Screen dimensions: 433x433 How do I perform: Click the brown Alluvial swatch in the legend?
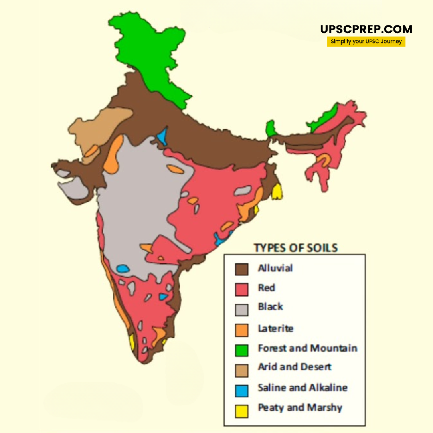pyautogui.click(x=241, y=269)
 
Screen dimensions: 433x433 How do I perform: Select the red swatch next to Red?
pyautogui.click(x=241, y=289)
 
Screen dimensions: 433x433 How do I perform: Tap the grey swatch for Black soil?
pyautogui.click(x=241, y=309)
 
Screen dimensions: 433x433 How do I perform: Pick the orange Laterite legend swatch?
pyautogui.click(x=241, y=330)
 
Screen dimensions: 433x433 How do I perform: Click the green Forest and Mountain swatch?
pyautogui.click(x=241, y=350)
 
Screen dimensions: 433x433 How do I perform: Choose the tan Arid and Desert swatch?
pyautogui.click(x=241, y=370)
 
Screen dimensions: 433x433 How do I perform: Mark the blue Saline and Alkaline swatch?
pyautogui.click(x=241, y=390)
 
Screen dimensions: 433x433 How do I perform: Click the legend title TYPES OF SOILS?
pyautogui.click(x=295, y=248)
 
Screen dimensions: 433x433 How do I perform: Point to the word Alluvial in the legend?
pyautogui.click(x=275, y=268)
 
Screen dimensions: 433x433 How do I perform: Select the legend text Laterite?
pyautogui.click(x=275, y=328)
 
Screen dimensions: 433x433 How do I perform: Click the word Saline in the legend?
pyautogui.click(x=271, y=388)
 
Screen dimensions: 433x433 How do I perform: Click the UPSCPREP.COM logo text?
pyautogui.click(x=366, y=29)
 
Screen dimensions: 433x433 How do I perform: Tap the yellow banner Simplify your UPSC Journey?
pyautogui.click(x=366, y=42)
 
